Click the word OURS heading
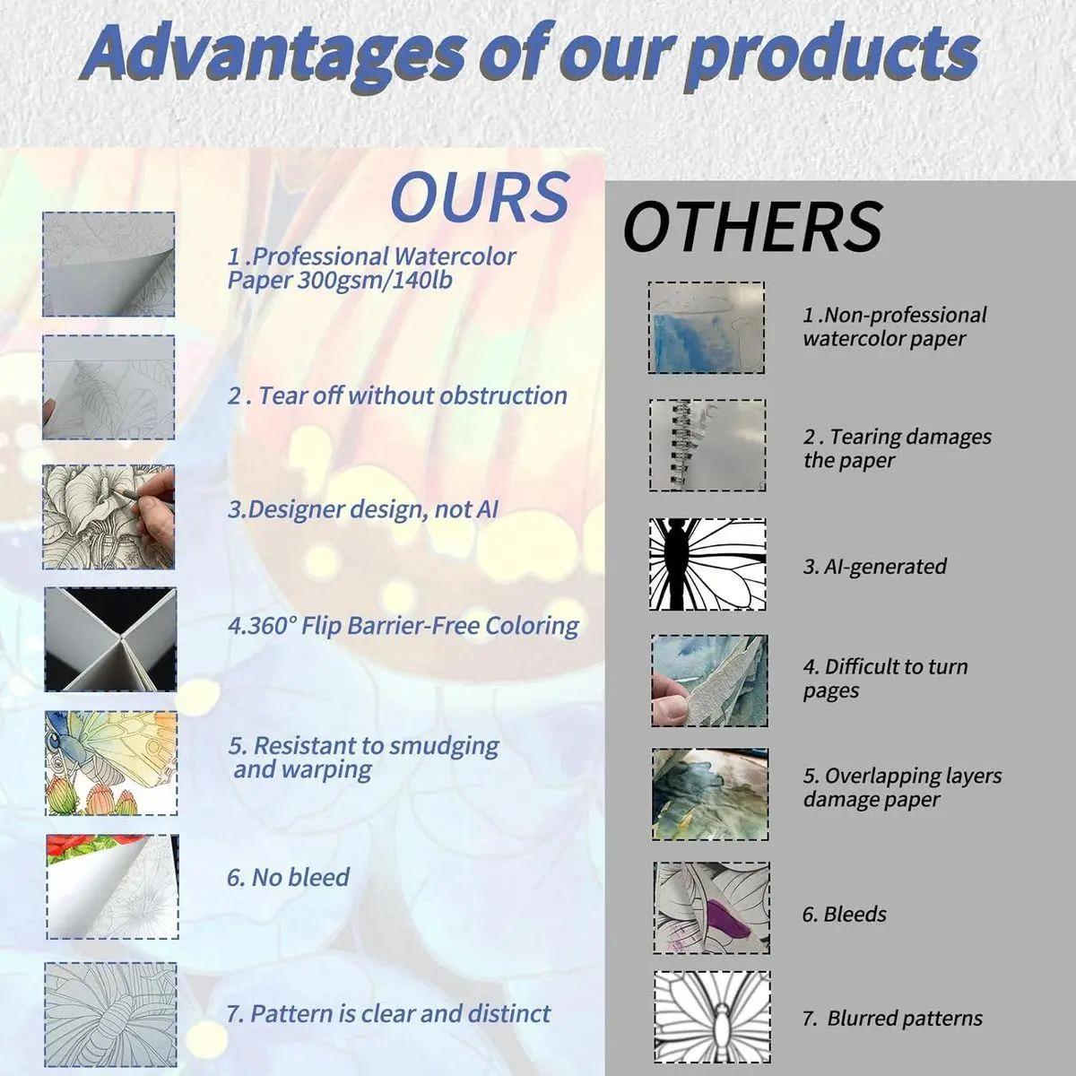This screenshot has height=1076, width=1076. (x=481, y=196)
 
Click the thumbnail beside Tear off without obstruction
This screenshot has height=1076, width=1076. (x=108, y=387)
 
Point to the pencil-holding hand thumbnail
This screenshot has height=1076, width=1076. (x=108, y=516)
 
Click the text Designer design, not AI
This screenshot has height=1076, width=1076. (x=363, y=510)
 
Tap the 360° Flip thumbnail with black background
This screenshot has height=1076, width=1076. (x=110, y=639)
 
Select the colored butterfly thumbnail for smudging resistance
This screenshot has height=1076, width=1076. (x=110, y=763)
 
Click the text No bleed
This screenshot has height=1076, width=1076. (x=288, y=877)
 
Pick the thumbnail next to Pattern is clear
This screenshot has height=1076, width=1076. (x=110, y=1014)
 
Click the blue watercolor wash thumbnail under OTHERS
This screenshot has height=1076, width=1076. (x=706, y=327)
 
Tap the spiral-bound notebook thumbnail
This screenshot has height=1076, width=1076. (x=707, y=445)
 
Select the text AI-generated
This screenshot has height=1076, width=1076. (x=875, y=566)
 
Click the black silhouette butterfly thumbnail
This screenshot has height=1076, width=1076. (x=707, y=564)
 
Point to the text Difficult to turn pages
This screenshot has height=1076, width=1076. (x=886, y=679)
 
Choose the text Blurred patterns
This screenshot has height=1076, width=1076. (x=893, y=1018)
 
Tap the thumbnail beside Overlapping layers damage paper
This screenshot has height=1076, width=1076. (x=710, y=794)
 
